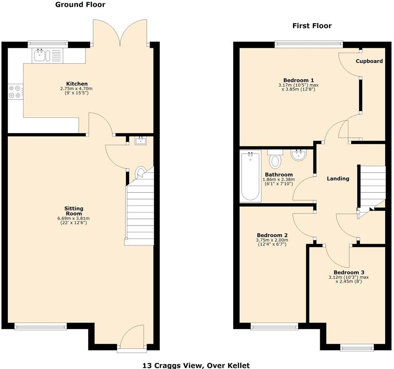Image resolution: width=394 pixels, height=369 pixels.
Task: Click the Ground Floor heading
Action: [x=80, y=5]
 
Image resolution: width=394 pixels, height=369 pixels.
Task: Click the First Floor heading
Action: [x=312, y=26]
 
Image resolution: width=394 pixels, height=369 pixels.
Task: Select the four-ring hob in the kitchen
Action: [x=15, y=91]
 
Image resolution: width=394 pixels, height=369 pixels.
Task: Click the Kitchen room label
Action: [x=77, y=84]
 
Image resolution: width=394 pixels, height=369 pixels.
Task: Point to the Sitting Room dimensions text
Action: [x=74, y=221]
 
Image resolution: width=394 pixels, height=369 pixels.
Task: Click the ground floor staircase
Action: [x=140, y=211]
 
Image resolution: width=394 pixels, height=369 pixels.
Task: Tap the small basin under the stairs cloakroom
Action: [x=141, y=141]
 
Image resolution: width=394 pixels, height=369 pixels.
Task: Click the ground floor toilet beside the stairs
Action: [x=140, y=172]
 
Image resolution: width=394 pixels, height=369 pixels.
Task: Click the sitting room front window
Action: [x=40, y=326]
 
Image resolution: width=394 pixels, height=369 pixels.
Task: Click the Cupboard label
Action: [x=369, y=61]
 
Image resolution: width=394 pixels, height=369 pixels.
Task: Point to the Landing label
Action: [x=338, y=179]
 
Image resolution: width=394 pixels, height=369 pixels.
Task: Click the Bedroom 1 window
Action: [x=309, y=44]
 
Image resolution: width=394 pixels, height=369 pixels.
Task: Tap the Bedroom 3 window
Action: [x=357, y=348]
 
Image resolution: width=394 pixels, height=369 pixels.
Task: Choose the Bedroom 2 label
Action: [x=272, y=235]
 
